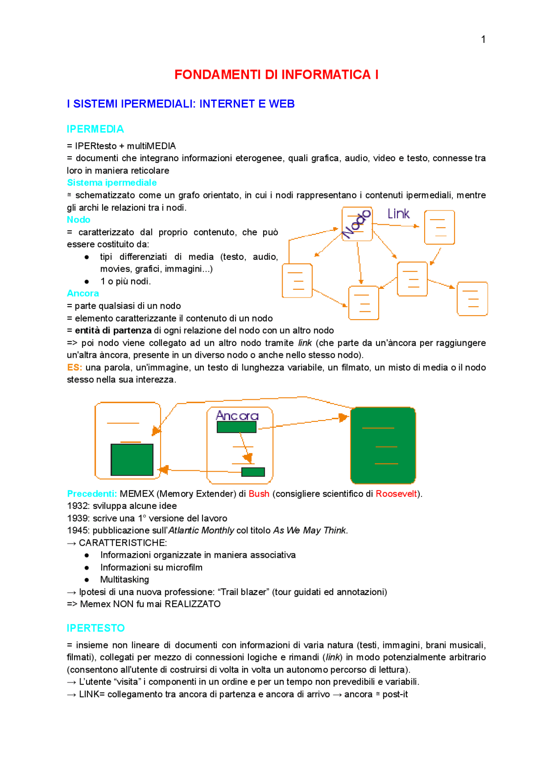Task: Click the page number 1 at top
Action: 483,39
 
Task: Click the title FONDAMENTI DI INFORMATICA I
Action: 276,74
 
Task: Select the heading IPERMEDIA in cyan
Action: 95,129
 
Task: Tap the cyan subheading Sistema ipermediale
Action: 112,183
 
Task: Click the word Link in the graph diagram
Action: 398,214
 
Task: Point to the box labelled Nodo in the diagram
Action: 357,224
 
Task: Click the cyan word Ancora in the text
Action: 83,293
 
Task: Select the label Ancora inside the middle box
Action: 237,416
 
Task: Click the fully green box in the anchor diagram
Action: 383,445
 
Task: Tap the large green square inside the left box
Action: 132,459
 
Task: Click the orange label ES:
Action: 74,367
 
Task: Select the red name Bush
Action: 259,494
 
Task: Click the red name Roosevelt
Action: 396,494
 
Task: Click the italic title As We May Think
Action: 310,531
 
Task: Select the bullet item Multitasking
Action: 125,579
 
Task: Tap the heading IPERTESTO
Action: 96,628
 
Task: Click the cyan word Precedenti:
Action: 92,494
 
